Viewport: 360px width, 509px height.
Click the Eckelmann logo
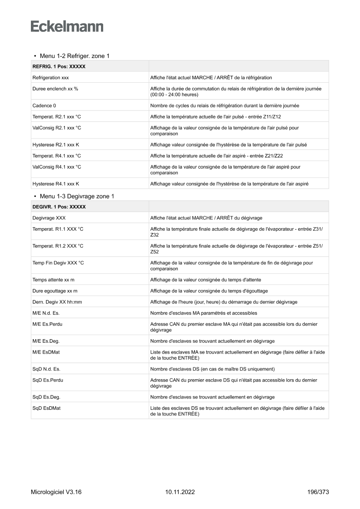click(x=67, y=27)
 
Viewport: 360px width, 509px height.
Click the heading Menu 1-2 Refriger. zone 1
click(x=74, y=56)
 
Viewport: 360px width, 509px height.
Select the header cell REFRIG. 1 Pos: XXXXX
click(x=59, y=67)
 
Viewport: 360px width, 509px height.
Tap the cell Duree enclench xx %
click(x=55, y=88)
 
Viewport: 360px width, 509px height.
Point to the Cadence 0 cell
click(x=44, y=105)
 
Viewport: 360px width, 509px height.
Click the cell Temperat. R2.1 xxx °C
click(x=57, y=116)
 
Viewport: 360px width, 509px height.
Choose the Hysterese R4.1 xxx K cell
click(x=56, y=184)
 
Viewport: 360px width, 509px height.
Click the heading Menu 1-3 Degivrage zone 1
click(x=77, y=196)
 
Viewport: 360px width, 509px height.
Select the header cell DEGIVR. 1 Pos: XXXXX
click(x=59, y=207)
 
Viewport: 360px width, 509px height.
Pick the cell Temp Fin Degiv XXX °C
click(x=58, y=263)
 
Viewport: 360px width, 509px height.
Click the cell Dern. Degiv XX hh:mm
click(x=57, y=302)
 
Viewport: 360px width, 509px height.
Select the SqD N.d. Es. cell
click(x=46, y=369)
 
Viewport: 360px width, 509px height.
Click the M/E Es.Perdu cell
click(x=47, y=324)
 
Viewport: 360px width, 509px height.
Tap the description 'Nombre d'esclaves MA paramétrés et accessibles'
click(x=204, y=313)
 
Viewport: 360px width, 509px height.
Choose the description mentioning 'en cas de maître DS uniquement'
click(x=212, y=369)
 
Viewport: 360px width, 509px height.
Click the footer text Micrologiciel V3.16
click(x=56, y=492)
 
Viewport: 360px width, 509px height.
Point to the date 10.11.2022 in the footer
click(x=180, y=492)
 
